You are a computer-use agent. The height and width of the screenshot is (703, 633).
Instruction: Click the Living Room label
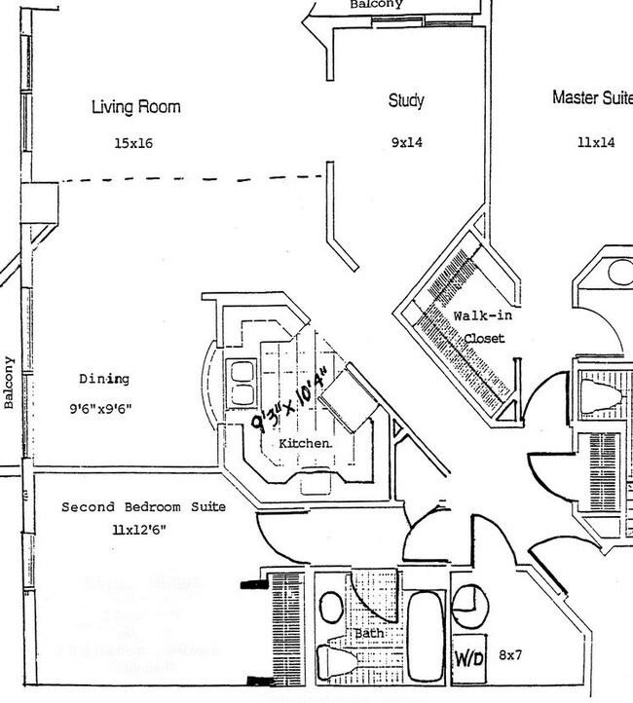(135, 107)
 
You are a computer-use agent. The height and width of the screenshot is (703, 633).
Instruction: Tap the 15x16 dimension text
(133, 144)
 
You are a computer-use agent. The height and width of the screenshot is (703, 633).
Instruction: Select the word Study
(406, 100)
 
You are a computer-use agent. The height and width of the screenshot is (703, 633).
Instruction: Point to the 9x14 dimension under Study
(406, 142)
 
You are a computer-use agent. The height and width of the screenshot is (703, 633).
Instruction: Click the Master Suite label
(591, 97)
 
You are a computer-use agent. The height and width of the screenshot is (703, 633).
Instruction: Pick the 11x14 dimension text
(596, 142)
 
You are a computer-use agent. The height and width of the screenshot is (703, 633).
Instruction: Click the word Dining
(104, 379)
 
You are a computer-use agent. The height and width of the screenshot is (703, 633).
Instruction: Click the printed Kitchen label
(305, 443)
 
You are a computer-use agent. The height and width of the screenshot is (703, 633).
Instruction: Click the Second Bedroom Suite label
(143, 507)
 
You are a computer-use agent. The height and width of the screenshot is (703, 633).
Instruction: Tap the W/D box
(470, 656)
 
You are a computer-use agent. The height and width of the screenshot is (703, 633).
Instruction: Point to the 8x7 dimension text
(511, 655)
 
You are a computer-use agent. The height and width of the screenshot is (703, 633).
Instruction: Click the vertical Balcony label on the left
(9, 382)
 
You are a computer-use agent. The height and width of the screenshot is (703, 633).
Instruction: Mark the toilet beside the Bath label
(335, 659)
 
